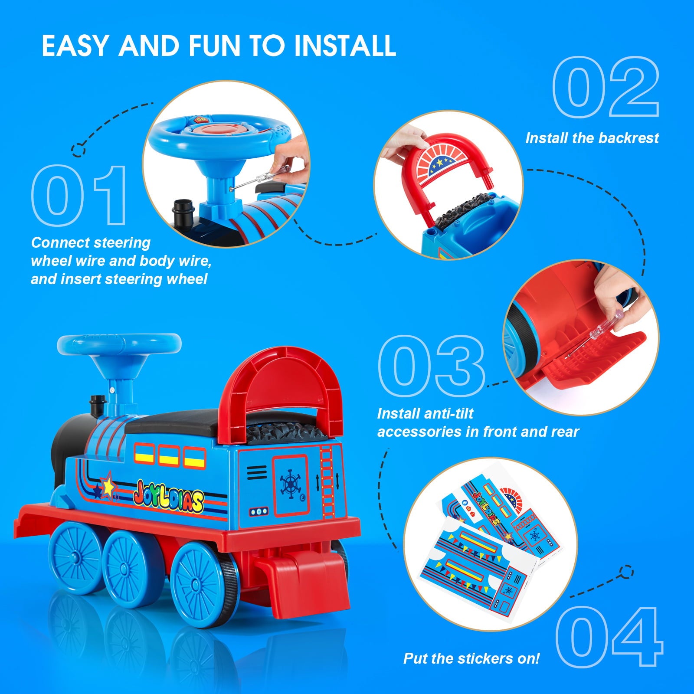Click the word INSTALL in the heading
tap(345, 45)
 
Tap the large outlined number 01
tap(80, 196)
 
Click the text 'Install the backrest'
tap(592, 138)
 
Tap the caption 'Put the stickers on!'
tap(471, 658)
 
